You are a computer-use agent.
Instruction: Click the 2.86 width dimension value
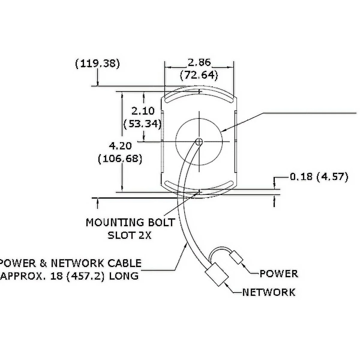(199, 62)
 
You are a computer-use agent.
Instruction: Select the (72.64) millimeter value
(199, 75)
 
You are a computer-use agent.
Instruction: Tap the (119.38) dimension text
(97, 64)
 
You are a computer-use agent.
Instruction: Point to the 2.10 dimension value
(143, 111)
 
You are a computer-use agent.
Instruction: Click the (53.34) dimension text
(142, 124)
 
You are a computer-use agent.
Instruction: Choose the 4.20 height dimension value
(120, 146)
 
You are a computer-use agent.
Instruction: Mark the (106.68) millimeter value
(120, 159)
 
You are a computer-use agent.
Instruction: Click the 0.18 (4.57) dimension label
(319, 177)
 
